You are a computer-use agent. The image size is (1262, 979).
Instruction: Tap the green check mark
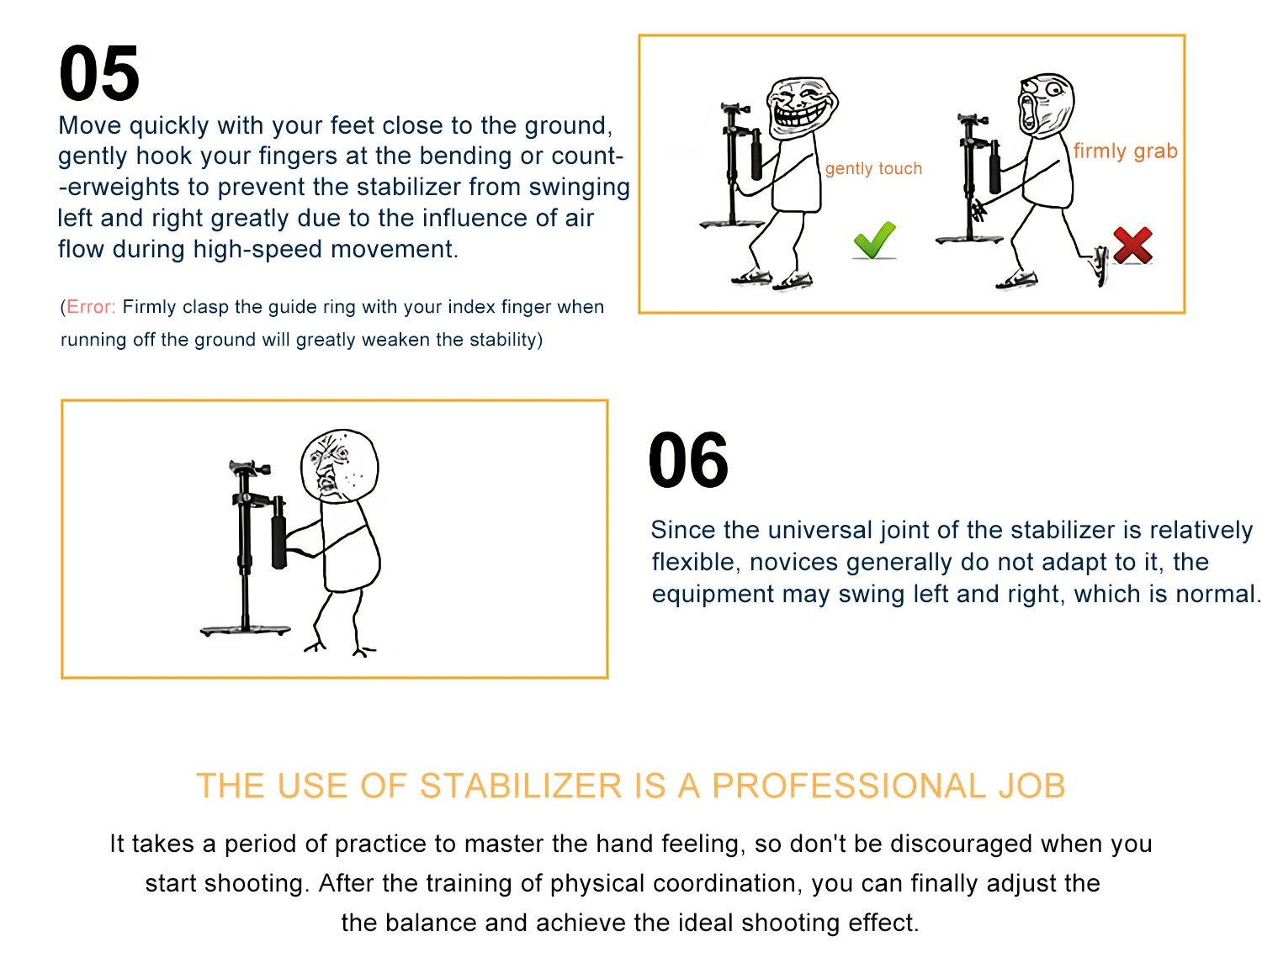point(874,240)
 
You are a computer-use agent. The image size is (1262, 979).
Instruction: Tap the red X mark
point(1132,246)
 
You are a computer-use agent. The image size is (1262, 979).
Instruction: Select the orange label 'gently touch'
point(873,168)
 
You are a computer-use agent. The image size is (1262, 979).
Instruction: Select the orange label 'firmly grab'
point(1125,151)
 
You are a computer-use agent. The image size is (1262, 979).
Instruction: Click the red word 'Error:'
point(91,306)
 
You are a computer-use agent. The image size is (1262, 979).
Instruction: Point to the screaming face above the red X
point(1046,105)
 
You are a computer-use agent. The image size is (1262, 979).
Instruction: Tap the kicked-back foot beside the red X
point(1100,265)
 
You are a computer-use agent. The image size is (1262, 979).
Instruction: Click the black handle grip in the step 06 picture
point(278,532)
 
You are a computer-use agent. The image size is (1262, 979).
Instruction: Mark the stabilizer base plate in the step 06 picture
point(245,630)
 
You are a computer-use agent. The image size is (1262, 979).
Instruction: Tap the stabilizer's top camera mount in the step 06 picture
point(248,467)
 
